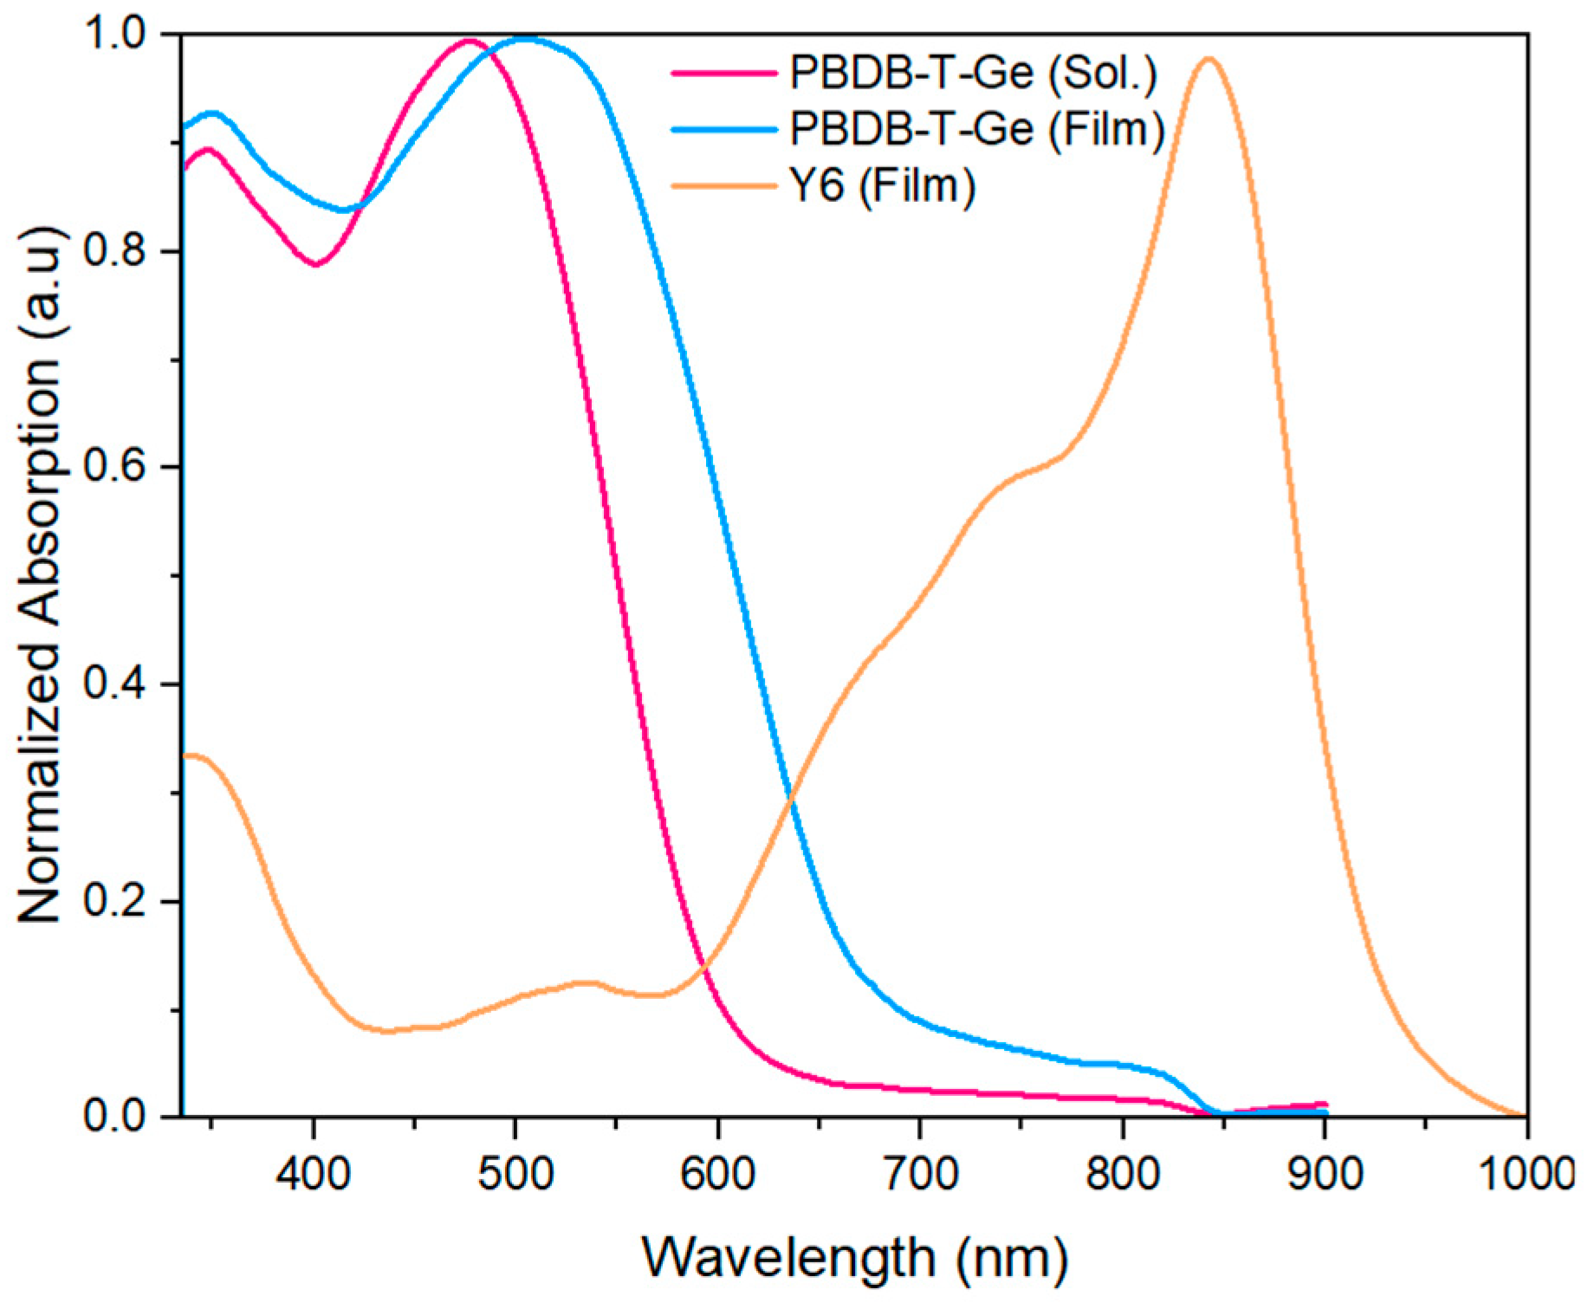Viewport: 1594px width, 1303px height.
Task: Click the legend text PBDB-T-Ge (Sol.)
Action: pos(973,73)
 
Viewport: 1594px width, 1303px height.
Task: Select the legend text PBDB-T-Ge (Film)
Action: pos(977,129)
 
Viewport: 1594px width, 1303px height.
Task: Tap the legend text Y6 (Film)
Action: pos(882,185)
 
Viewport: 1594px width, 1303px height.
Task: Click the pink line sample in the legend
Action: pos(724,74)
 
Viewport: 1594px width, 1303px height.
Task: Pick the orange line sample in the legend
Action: pos(724,185)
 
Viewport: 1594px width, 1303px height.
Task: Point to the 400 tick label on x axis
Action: pos(314,1174)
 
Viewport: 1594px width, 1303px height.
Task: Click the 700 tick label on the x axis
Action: pos(920,1174)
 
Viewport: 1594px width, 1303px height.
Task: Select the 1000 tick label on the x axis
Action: pos(1525,1174)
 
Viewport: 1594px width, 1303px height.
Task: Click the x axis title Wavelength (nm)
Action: pos(854,1257)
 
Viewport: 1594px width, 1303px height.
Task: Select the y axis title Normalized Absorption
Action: pos(42,575)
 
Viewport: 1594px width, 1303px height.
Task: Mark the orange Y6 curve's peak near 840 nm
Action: pos(1208,59)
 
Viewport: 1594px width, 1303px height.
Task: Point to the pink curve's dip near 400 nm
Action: pos(316,264)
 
